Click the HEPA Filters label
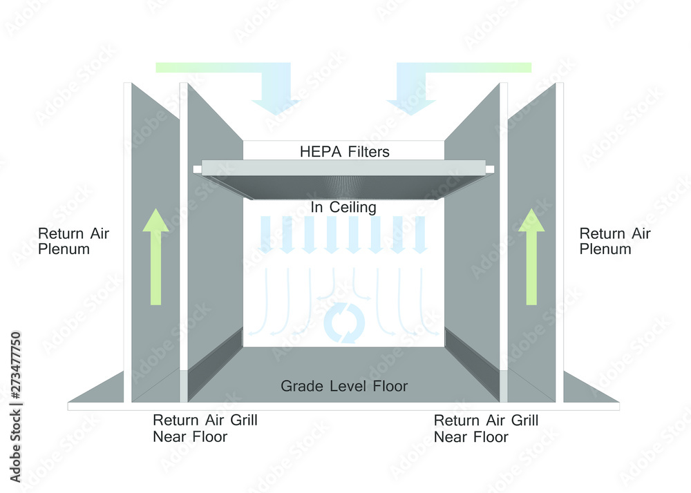345,152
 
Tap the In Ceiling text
343,207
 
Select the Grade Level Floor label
344,386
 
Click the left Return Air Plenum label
74,241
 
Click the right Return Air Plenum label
615,241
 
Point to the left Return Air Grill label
205,428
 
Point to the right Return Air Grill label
486,428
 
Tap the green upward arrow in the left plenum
155,257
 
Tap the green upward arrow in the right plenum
531,257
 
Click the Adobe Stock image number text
16,407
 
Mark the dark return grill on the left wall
215,365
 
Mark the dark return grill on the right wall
472,365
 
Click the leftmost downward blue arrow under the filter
265,235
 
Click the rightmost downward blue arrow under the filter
420,235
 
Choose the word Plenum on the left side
64,249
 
